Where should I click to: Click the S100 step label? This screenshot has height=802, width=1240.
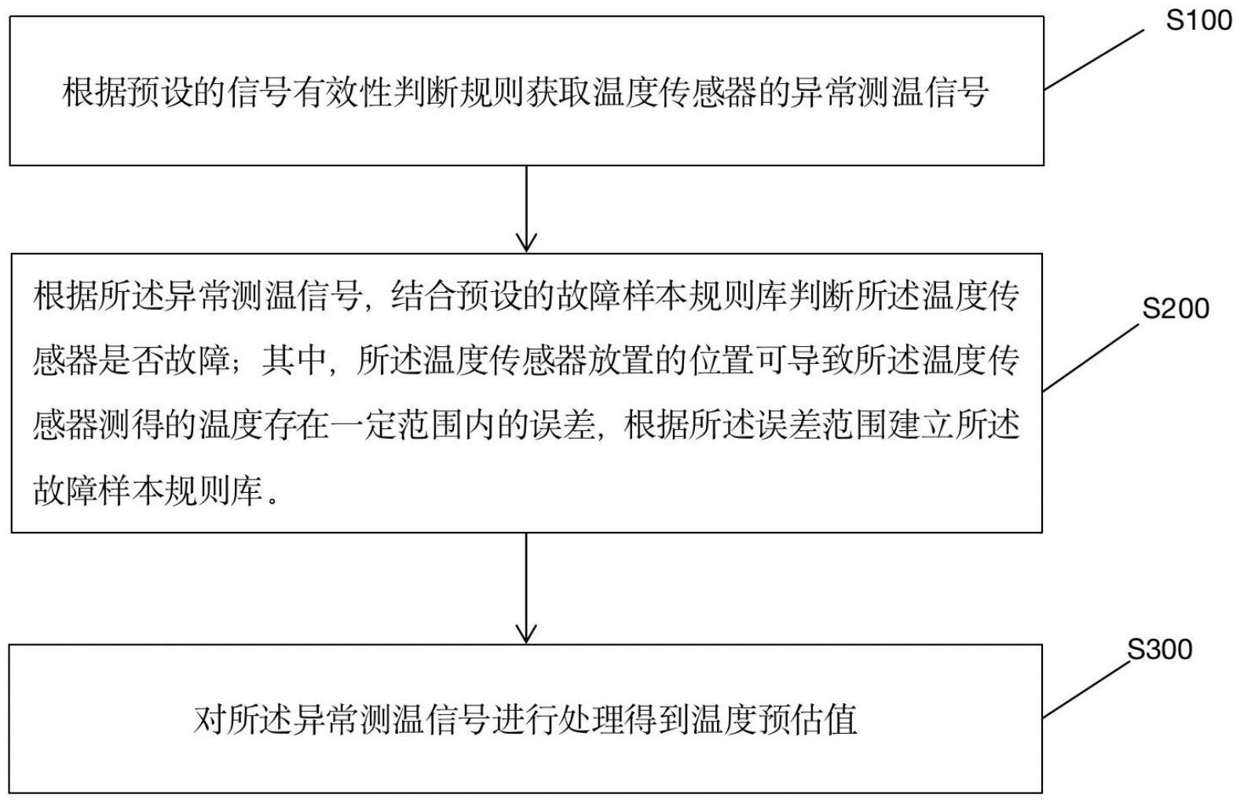coord(1198,20)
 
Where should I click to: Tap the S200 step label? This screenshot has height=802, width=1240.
coord(1176,309)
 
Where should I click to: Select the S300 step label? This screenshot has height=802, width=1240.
coord(1160,650)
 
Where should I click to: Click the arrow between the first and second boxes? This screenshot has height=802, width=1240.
coord(526,208)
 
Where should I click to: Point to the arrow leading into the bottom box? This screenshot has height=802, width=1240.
coord(526,588)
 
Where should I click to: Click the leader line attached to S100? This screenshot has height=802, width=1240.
coord(1094,61)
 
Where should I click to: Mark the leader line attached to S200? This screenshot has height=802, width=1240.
coord(1089,358)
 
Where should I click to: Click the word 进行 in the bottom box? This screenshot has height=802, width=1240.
coord(526,719)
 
